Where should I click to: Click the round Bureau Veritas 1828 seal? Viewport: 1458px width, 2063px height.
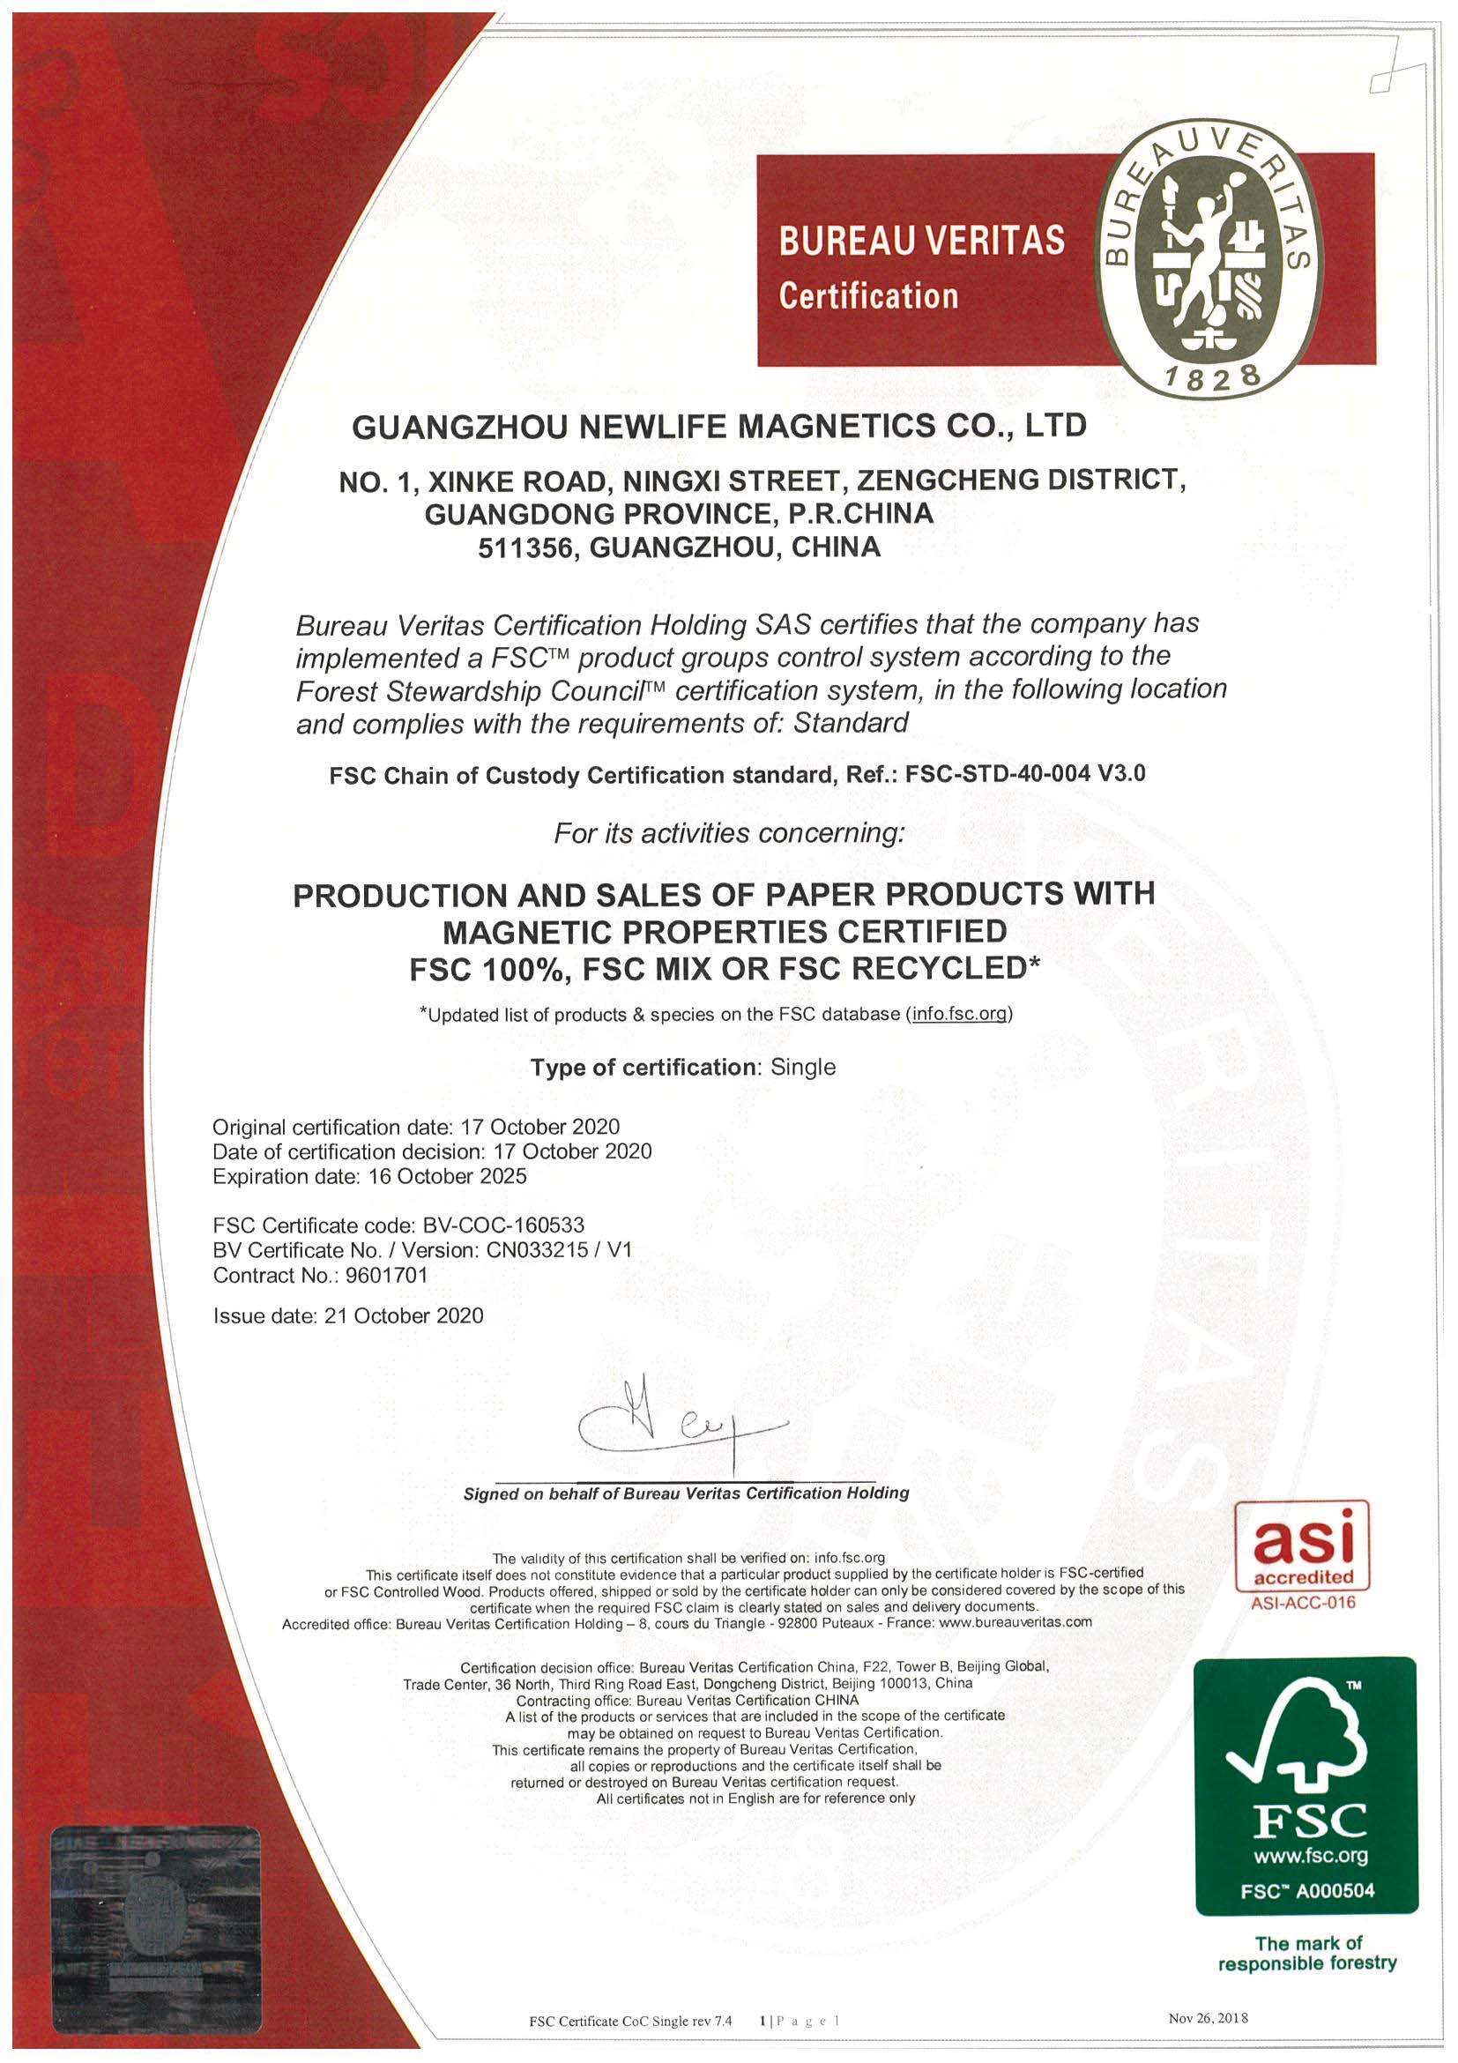tap(1210, 257)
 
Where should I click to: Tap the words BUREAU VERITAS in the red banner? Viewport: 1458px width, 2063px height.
tap(921, 241)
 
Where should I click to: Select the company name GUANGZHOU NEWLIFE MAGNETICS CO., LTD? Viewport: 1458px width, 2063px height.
tap(718, 426)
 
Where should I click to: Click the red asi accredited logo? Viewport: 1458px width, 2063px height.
tap(1303, 1547)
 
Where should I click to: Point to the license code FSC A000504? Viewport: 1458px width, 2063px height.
tap(1307, 1890)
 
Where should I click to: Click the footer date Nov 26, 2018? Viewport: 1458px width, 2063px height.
tap(1209, 2018)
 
